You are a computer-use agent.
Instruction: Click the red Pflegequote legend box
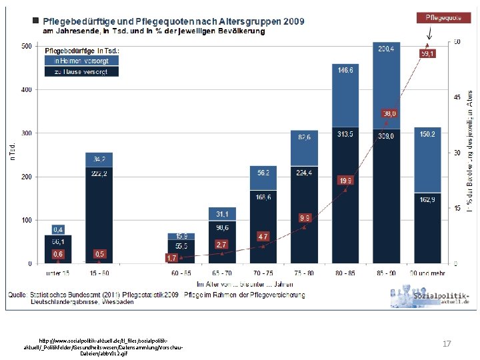438,17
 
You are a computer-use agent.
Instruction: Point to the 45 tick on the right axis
457,98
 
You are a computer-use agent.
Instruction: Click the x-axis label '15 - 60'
99,273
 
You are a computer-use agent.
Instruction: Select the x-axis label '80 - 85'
345,273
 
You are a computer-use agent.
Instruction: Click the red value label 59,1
427,53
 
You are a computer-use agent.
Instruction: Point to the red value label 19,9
345,181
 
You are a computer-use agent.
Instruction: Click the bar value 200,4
387,49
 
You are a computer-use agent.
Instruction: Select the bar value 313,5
345,134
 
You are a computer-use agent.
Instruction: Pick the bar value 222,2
99,173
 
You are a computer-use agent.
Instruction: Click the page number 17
447,343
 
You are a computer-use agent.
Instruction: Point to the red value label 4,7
263,236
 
